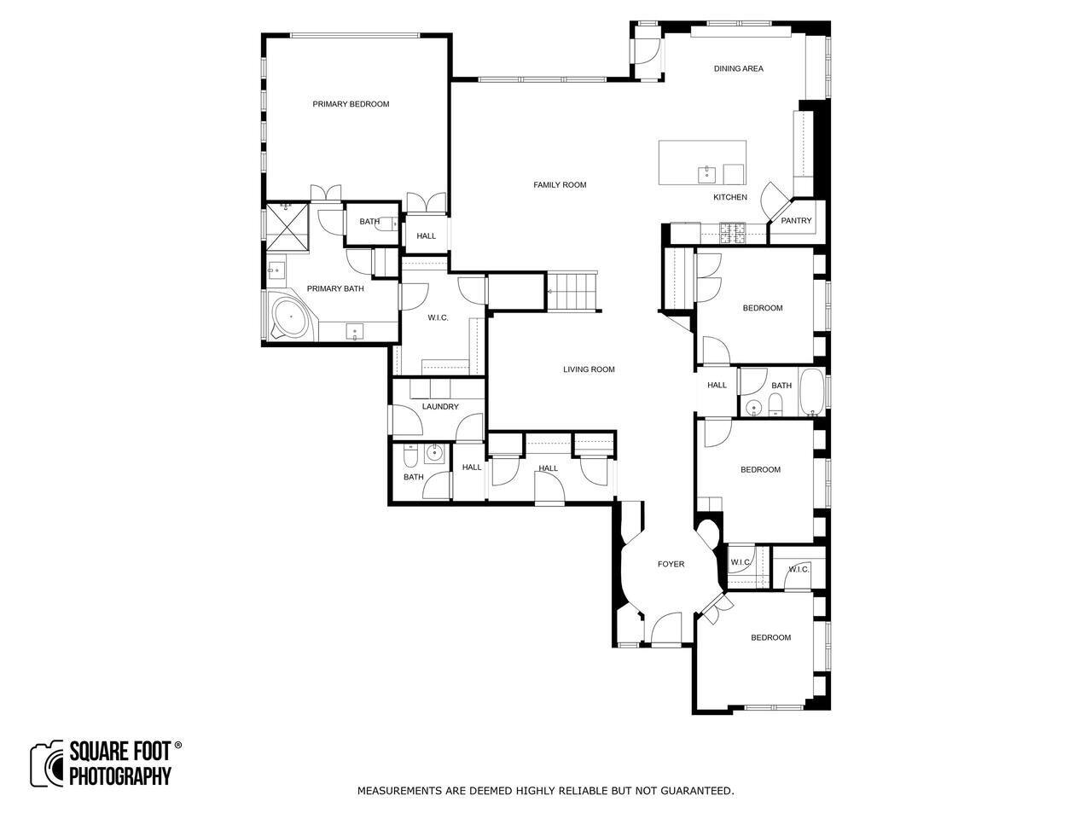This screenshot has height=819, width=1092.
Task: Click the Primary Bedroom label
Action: coord(351,104)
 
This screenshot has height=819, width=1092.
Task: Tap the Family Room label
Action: coord(560,185)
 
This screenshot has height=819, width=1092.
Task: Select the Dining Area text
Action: coord(738,68)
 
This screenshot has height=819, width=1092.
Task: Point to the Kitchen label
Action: coord(729,197)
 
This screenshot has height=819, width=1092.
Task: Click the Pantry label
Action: coord(796,221)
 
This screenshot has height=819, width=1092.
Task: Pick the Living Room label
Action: coord(589,369)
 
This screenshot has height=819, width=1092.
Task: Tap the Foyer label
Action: coord(671,564)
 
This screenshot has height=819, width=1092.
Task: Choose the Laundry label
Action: coord(439,407)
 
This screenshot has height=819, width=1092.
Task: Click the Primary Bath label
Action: coord(334,289)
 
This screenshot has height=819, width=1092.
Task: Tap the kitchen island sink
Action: coord(706,175)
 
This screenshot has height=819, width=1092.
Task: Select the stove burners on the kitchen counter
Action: coord(733,233)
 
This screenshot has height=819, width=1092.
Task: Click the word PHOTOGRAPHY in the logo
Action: coord(120,775)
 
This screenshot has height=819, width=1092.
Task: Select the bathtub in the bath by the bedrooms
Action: coord(811,392)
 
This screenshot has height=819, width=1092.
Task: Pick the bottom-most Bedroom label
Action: coord(770,637)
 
